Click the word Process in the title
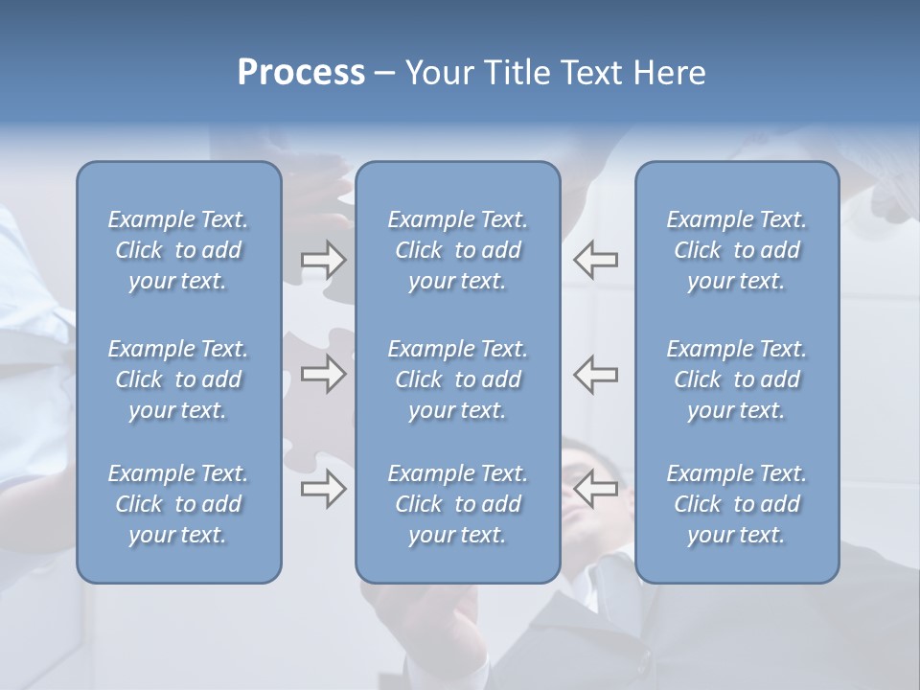click(301, 73)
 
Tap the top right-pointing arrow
click(324, 259)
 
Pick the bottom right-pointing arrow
click(324, 490)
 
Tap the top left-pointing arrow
click(596, 259)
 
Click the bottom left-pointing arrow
click(596, 490)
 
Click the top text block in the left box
click(178, 250)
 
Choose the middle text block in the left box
click(178, 379)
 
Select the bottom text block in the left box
click(178, 504)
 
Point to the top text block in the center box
click(457, 250)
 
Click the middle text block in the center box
click(457, 379)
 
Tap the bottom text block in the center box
click(457, 504)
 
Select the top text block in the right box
click(736, 250)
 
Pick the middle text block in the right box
click(736, 379)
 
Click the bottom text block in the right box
click(736, 504)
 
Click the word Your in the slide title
click(434, 73)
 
